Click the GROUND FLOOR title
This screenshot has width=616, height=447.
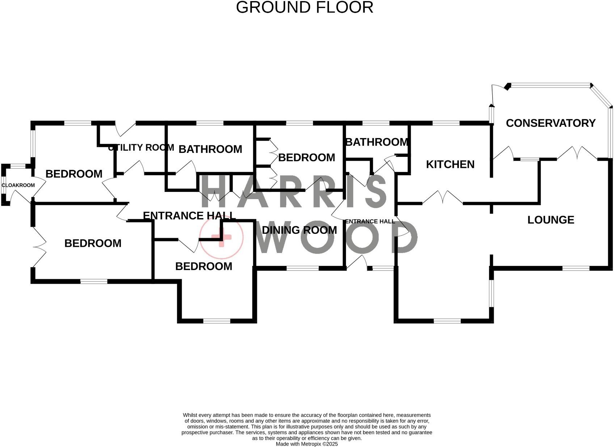coord(304,8)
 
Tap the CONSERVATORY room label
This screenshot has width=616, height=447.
coord(550,123)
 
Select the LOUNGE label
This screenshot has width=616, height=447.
coord(550,220)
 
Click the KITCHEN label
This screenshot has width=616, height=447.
coord(450,164)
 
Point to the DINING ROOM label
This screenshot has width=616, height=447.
coord(299,230)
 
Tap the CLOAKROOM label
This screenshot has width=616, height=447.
coord(18,185)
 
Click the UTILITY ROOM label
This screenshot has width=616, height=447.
coord(141,147)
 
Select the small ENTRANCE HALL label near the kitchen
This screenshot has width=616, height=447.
coord(370,222)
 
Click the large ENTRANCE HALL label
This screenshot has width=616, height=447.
coord(189,216)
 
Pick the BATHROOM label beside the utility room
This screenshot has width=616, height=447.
coord(210,149)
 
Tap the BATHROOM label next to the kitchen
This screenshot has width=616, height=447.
coord(377,142)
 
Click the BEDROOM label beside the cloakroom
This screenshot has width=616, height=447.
coord(74,174)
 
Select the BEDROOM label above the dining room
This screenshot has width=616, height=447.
coord(306,158)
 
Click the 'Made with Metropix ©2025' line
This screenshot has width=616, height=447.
coord(307,444)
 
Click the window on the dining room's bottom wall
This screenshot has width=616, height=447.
coord(302,268)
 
